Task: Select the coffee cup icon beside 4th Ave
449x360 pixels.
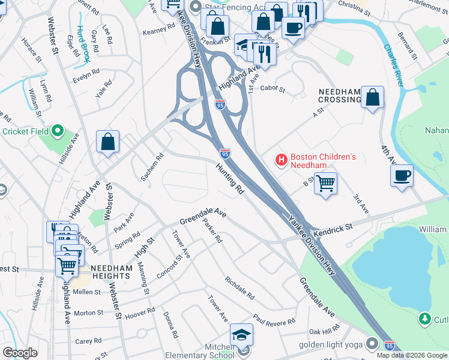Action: pyautogui.click(x=402, y=176)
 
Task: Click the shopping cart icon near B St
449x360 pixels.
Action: pyautogui.click(x=325, y=184)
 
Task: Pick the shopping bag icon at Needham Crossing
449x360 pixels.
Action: pyautogui.click(x=373, y=97)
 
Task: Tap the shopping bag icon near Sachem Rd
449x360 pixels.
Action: pyautogui.click(x=108, y=142)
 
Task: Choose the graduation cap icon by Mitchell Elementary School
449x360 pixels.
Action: pyautogui.click(x=241, y=334)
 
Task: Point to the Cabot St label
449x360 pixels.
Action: pyautogui.click(x=273, y=89)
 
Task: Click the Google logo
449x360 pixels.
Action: pyautogui.click(x=20, y=353)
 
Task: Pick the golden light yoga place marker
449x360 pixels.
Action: pyautogui.click(x=373, y=344)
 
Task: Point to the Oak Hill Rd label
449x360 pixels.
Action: pyautogui.click(x=324, y=331)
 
